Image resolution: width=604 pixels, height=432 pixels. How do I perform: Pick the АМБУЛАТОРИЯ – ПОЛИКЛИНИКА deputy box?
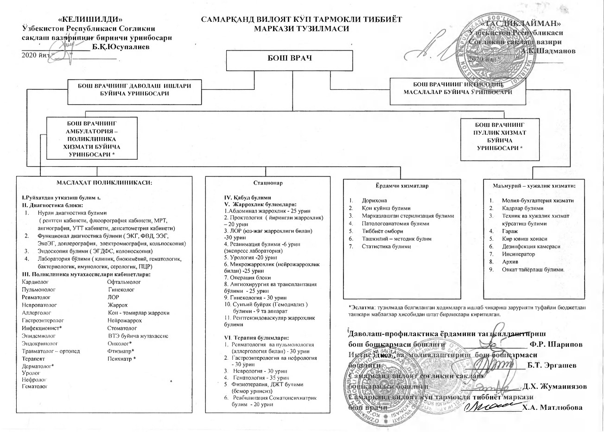92,138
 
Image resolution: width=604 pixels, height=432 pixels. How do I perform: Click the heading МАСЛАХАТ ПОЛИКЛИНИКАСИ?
104,182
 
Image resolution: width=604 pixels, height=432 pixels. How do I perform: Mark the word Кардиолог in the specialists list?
35,282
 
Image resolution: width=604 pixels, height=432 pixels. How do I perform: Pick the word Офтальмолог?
124,282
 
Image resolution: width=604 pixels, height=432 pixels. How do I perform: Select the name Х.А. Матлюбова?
552,407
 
